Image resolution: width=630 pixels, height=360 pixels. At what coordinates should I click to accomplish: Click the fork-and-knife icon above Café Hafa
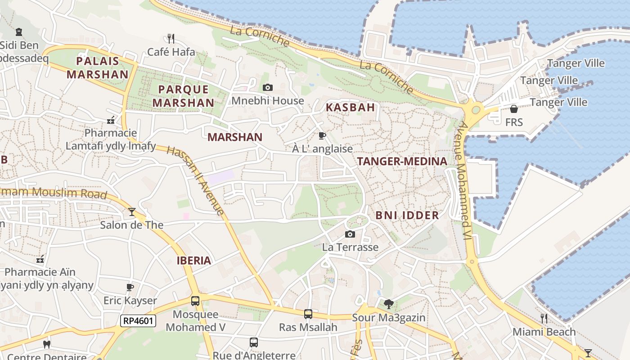click(x=171, y=38)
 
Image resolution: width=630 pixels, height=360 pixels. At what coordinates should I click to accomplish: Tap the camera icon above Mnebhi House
click(x=268, y=87)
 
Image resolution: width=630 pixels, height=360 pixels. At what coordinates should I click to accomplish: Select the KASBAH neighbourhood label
click(x=350, y=108)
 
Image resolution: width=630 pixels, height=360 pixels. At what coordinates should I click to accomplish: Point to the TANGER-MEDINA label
click(x=402, y=162)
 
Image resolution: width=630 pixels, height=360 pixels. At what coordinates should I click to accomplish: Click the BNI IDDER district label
click(x=407, y=216)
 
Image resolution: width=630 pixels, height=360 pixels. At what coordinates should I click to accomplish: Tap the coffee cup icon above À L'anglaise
click(x=322, y=135)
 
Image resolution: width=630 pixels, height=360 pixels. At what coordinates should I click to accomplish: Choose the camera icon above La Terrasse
click(x=350, y=234)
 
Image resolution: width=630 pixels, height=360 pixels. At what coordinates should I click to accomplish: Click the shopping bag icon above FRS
click(x=513, y=109)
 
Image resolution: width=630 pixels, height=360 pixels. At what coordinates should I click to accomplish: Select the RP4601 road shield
click(x=138, y=321)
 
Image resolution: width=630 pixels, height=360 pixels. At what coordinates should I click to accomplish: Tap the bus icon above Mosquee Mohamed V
click(x=195, y=301)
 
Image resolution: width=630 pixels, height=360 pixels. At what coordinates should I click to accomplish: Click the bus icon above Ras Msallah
click(x=308, y=314)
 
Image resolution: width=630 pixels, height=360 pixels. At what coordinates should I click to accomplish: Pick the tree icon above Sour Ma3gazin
click(x=388, y=304)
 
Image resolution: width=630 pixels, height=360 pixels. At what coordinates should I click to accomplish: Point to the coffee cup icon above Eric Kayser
click(x=130, y=287)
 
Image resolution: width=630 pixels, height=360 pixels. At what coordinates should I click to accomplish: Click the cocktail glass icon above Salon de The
click(x=132, y=211)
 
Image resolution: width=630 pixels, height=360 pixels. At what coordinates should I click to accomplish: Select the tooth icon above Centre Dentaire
click(x=46, y=345)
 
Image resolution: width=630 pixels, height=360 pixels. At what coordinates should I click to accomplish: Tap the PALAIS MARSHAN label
click(x=97, y=68)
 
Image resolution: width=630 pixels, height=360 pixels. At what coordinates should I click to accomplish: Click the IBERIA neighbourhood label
click(x=193, y=261)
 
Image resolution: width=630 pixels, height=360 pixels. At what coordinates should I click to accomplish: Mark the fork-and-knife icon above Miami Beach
click(x=544, y=319)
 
